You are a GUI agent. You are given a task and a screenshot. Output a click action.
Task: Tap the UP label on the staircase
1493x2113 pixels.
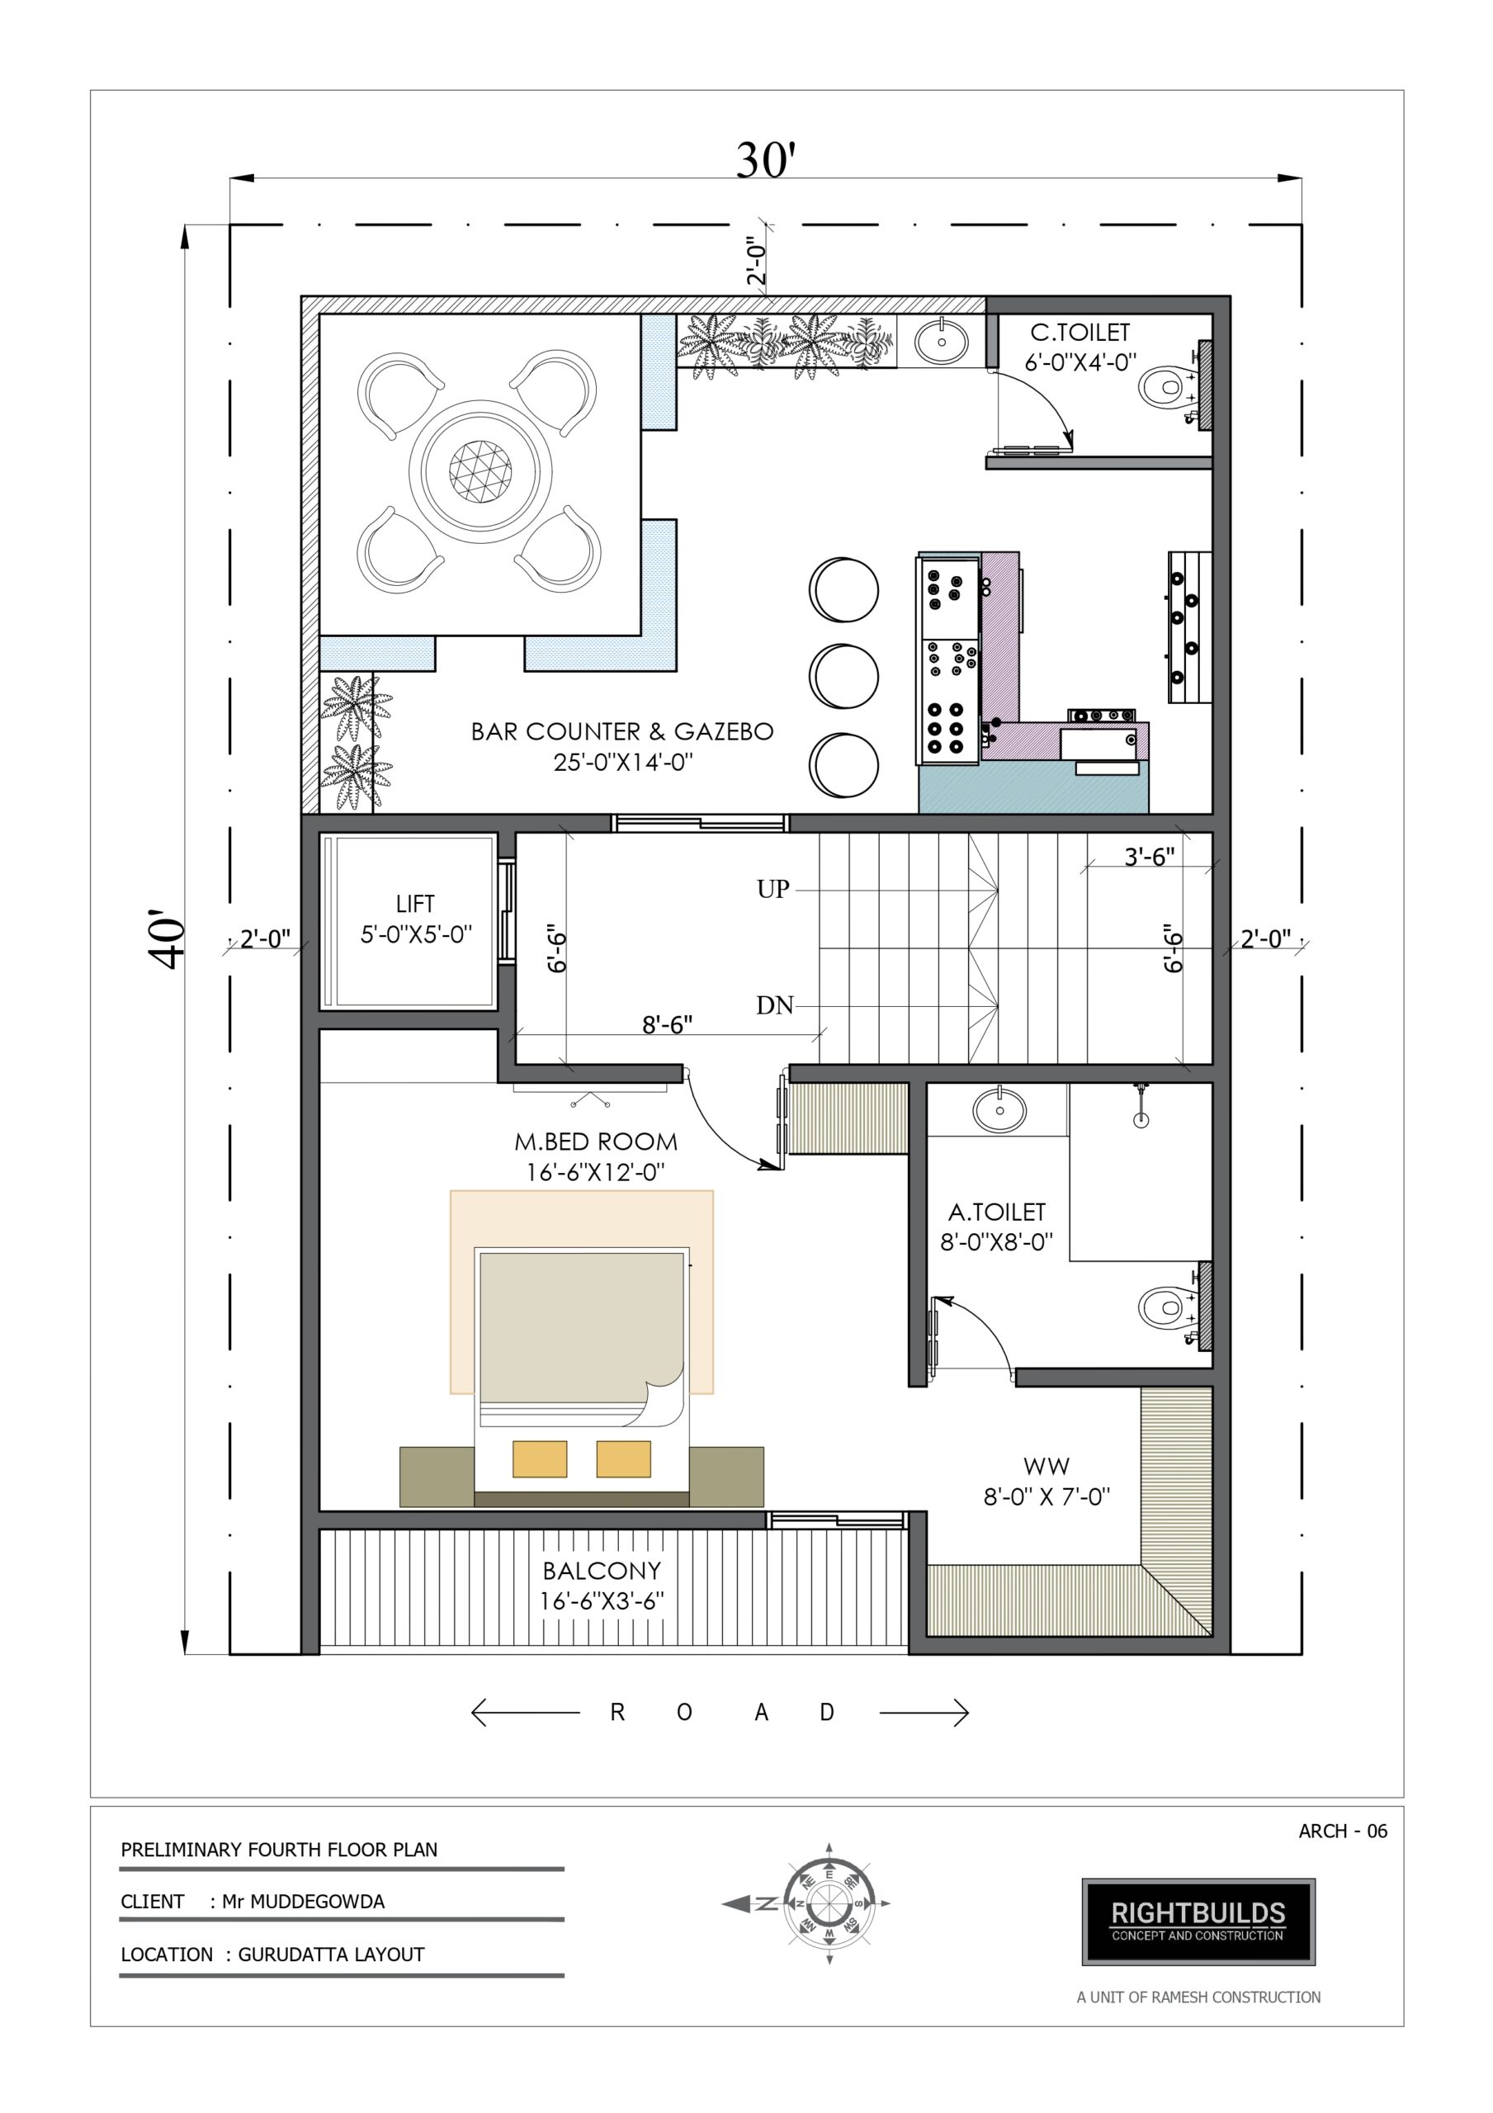[x=773, y=889]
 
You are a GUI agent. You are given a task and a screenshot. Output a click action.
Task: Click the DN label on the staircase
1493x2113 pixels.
[x=774, y=1005]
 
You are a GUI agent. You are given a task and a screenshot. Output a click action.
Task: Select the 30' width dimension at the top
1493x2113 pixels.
[x=765, y=161]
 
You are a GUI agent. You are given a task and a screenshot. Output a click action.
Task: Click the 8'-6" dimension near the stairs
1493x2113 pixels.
[x=668, y=1024]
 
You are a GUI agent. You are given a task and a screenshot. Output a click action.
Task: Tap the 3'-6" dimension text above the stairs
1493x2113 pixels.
[x=1150, y=857]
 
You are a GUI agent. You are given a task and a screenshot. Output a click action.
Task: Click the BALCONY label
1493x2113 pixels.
[x=601, y=1570]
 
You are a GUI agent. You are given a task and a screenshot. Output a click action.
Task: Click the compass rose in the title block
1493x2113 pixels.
[x=828, y=1904]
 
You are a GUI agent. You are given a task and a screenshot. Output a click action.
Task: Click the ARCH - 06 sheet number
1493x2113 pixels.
[x=1343, y=1832]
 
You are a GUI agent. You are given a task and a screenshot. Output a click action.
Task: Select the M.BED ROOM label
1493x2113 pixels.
[x=596, y=1142]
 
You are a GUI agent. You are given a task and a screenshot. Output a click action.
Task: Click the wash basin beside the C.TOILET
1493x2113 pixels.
[x=942, y=342]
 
